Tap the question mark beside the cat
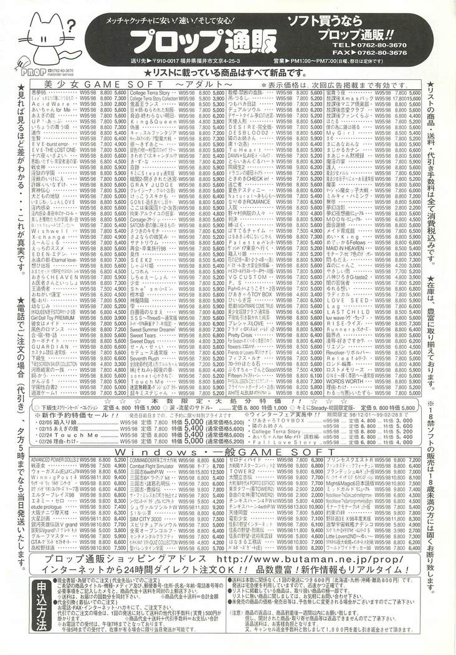[70, 26]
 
